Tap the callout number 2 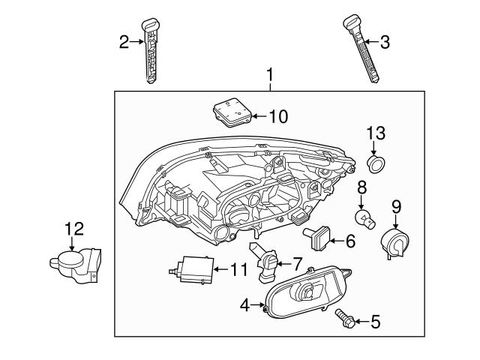click(125, 43)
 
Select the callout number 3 click(384, 43)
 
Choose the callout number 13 click(375, 133)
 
